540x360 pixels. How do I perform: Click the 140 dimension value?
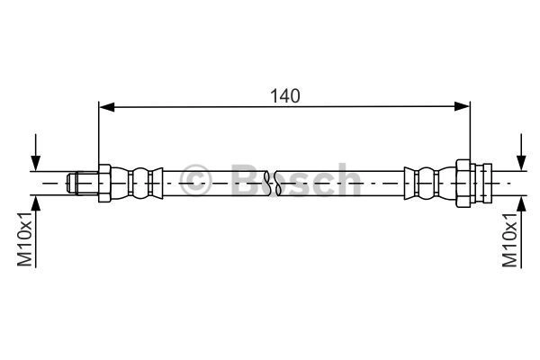coord(284,95)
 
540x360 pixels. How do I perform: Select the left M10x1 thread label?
coord(25,239)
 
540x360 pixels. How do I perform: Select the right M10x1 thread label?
coord(509,239)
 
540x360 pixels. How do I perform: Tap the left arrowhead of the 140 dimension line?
coord(106,107)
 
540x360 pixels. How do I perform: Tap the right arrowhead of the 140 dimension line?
coord(462,107)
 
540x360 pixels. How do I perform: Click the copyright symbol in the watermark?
coord(194,179)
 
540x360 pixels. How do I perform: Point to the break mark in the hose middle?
coord(272,183)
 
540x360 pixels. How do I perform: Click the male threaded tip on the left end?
coord(82,183)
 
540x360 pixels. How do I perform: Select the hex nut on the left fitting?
coord(104,183)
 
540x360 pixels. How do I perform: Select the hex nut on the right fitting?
coord(463,183)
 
